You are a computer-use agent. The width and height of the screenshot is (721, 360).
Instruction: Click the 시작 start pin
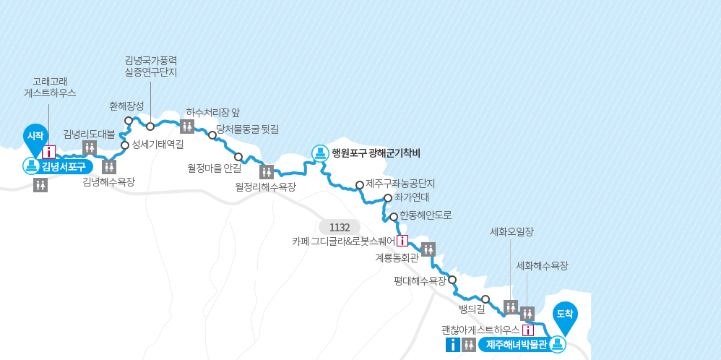(35, 137)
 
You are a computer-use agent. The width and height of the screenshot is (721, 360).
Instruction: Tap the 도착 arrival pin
(565, 314)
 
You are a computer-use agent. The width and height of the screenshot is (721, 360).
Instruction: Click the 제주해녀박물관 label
(516, 344)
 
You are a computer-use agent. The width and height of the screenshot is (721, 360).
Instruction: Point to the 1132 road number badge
(339, 227)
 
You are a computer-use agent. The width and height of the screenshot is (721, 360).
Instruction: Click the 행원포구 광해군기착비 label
(376, 153)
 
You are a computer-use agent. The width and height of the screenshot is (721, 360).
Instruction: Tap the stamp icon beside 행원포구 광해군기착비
(320, 153)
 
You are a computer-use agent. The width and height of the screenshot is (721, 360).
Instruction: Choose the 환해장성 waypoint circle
(129, 121)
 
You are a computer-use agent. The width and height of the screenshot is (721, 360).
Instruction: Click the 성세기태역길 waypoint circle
(125, 145)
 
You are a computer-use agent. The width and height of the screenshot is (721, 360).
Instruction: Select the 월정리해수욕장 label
(265, 187)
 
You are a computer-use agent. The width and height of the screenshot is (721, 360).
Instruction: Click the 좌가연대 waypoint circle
(388, 197)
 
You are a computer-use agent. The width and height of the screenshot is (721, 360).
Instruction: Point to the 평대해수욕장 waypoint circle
(452, 280)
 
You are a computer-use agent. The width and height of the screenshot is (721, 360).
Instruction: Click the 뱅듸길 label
(471, 309)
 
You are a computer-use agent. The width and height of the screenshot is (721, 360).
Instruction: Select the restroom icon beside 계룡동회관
(428, 249)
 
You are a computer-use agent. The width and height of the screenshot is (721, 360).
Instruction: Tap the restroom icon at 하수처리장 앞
(187, 127)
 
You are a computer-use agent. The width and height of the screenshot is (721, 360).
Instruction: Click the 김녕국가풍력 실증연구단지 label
(150, 66)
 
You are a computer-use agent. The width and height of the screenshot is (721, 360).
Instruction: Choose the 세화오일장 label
(511, 232)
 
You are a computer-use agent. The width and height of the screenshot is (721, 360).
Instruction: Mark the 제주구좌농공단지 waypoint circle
(360, 184)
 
